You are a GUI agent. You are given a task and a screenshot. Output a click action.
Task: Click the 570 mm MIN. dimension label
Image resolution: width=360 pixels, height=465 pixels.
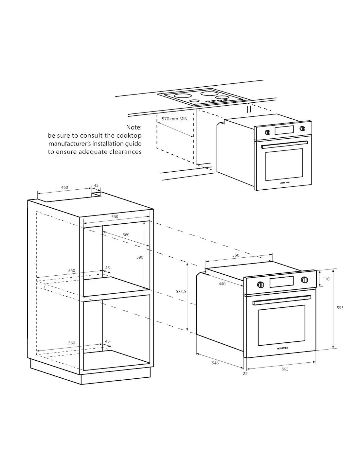click(175, 119)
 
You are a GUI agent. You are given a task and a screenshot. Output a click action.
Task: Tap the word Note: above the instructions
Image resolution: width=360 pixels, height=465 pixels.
click(134, 127)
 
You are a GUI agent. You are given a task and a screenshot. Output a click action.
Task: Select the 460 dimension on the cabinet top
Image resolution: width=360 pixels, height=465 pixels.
click(64, 187)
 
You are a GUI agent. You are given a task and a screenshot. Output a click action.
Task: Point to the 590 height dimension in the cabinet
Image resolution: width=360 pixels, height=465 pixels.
click(140, 257)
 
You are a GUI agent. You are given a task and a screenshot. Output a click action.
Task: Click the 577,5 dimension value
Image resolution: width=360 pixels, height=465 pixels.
click(181, 291)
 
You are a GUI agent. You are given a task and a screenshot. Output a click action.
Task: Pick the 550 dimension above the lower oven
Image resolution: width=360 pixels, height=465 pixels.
click(236, 255)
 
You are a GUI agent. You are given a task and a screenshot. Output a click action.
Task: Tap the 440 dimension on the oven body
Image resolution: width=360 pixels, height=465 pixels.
click(222, 284)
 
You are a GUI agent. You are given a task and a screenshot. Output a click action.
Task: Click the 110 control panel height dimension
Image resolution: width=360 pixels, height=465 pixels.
click(326, 279)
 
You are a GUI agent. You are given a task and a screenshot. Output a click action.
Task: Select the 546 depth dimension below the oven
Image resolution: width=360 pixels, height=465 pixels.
click(215, 363)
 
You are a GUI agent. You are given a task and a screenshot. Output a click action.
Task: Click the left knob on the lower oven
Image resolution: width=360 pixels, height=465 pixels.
click(260, 284)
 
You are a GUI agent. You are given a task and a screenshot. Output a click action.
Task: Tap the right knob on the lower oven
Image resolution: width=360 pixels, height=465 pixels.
click(304, 280)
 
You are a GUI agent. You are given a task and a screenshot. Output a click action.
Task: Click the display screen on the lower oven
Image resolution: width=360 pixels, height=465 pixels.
click(281, 282)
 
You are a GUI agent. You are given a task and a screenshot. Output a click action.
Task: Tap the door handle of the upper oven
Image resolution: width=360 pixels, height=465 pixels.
click(284, 145)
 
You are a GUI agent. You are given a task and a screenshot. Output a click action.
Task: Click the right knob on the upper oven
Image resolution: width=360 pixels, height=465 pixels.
click(302, 129)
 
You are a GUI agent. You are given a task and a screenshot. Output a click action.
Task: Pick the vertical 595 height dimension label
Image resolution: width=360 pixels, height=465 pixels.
click(340, 308)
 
